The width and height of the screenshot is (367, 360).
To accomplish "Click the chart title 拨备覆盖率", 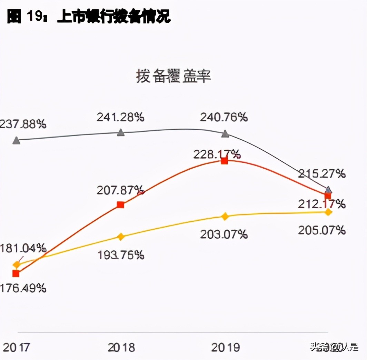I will [173, 76].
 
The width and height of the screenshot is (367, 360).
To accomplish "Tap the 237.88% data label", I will [23, 124].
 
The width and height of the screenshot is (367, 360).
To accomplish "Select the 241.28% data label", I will [120, 117].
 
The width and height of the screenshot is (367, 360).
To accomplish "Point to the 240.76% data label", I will [224, 117].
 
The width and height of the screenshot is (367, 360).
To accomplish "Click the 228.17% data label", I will [217, 154].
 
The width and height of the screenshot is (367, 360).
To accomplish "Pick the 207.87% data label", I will [120, 190].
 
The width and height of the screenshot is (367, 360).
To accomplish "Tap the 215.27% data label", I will [321, 173].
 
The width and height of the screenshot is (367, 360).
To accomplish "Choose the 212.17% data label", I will [321, 204].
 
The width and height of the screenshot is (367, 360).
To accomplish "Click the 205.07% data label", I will [321, 230].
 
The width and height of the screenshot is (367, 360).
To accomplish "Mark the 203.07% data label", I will [224, 234].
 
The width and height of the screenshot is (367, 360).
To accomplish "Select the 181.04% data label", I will [23, 248].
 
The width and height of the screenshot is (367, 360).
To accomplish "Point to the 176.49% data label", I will [23, 288].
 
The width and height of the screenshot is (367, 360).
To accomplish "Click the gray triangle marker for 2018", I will [121, 132].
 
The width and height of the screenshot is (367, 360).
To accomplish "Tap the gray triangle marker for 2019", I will [225, 134].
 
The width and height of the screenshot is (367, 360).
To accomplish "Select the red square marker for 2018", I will [120, 205].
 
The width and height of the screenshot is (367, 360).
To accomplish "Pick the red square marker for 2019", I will [225, 161].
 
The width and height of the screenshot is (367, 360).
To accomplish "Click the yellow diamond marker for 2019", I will [225, 217].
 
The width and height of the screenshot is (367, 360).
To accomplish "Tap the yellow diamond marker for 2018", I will [121, 237].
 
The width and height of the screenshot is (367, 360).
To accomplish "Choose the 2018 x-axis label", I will [121, 347].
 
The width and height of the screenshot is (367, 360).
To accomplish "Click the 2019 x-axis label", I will [225, 347].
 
